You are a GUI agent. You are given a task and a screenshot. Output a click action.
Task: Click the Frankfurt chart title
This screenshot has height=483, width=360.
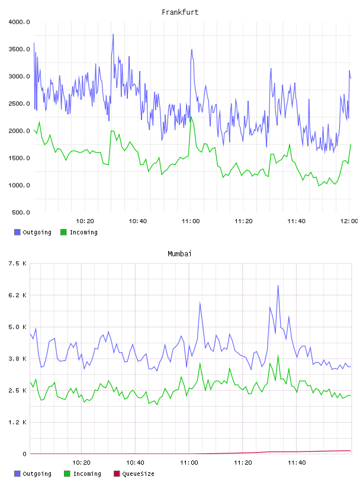180,12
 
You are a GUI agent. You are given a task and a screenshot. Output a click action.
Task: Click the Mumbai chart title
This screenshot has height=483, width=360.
179,254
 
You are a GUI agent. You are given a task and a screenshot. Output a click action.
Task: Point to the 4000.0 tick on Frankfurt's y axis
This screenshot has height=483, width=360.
19,22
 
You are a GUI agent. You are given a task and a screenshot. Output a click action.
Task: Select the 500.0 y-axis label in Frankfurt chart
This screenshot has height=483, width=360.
21,212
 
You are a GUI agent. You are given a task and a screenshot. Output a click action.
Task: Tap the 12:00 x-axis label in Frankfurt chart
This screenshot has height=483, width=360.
349,221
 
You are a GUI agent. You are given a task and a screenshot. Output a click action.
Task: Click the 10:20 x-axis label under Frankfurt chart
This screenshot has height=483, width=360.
85,221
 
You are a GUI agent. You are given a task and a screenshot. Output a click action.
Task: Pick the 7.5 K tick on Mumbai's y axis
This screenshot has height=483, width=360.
17,263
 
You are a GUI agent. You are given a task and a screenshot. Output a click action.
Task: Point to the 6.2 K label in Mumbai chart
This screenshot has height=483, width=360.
17,295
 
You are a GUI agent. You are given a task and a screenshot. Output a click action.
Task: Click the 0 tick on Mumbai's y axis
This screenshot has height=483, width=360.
24,454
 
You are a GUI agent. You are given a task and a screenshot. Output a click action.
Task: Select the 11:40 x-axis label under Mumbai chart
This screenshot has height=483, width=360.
297,463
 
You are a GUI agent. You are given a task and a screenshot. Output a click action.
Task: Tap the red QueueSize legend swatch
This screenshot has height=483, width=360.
117,474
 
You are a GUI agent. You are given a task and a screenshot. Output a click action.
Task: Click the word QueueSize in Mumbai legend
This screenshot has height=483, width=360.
138,474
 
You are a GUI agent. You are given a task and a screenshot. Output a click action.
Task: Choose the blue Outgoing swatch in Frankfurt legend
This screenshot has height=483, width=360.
17,232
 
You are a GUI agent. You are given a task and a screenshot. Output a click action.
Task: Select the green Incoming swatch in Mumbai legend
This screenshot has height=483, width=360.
67,474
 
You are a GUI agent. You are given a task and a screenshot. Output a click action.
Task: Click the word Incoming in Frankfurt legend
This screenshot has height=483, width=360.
83,232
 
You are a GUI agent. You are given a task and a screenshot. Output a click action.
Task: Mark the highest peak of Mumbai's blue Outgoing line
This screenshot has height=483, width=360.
278,285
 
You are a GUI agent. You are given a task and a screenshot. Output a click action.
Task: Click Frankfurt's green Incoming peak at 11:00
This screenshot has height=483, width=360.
191,117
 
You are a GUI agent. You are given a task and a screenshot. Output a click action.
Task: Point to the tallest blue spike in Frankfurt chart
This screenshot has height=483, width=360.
113,34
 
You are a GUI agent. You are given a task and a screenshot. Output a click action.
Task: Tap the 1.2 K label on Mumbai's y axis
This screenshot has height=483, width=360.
17,422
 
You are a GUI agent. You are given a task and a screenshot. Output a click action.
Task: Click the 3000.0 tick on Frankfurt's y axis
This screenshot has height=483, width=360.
19,76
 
